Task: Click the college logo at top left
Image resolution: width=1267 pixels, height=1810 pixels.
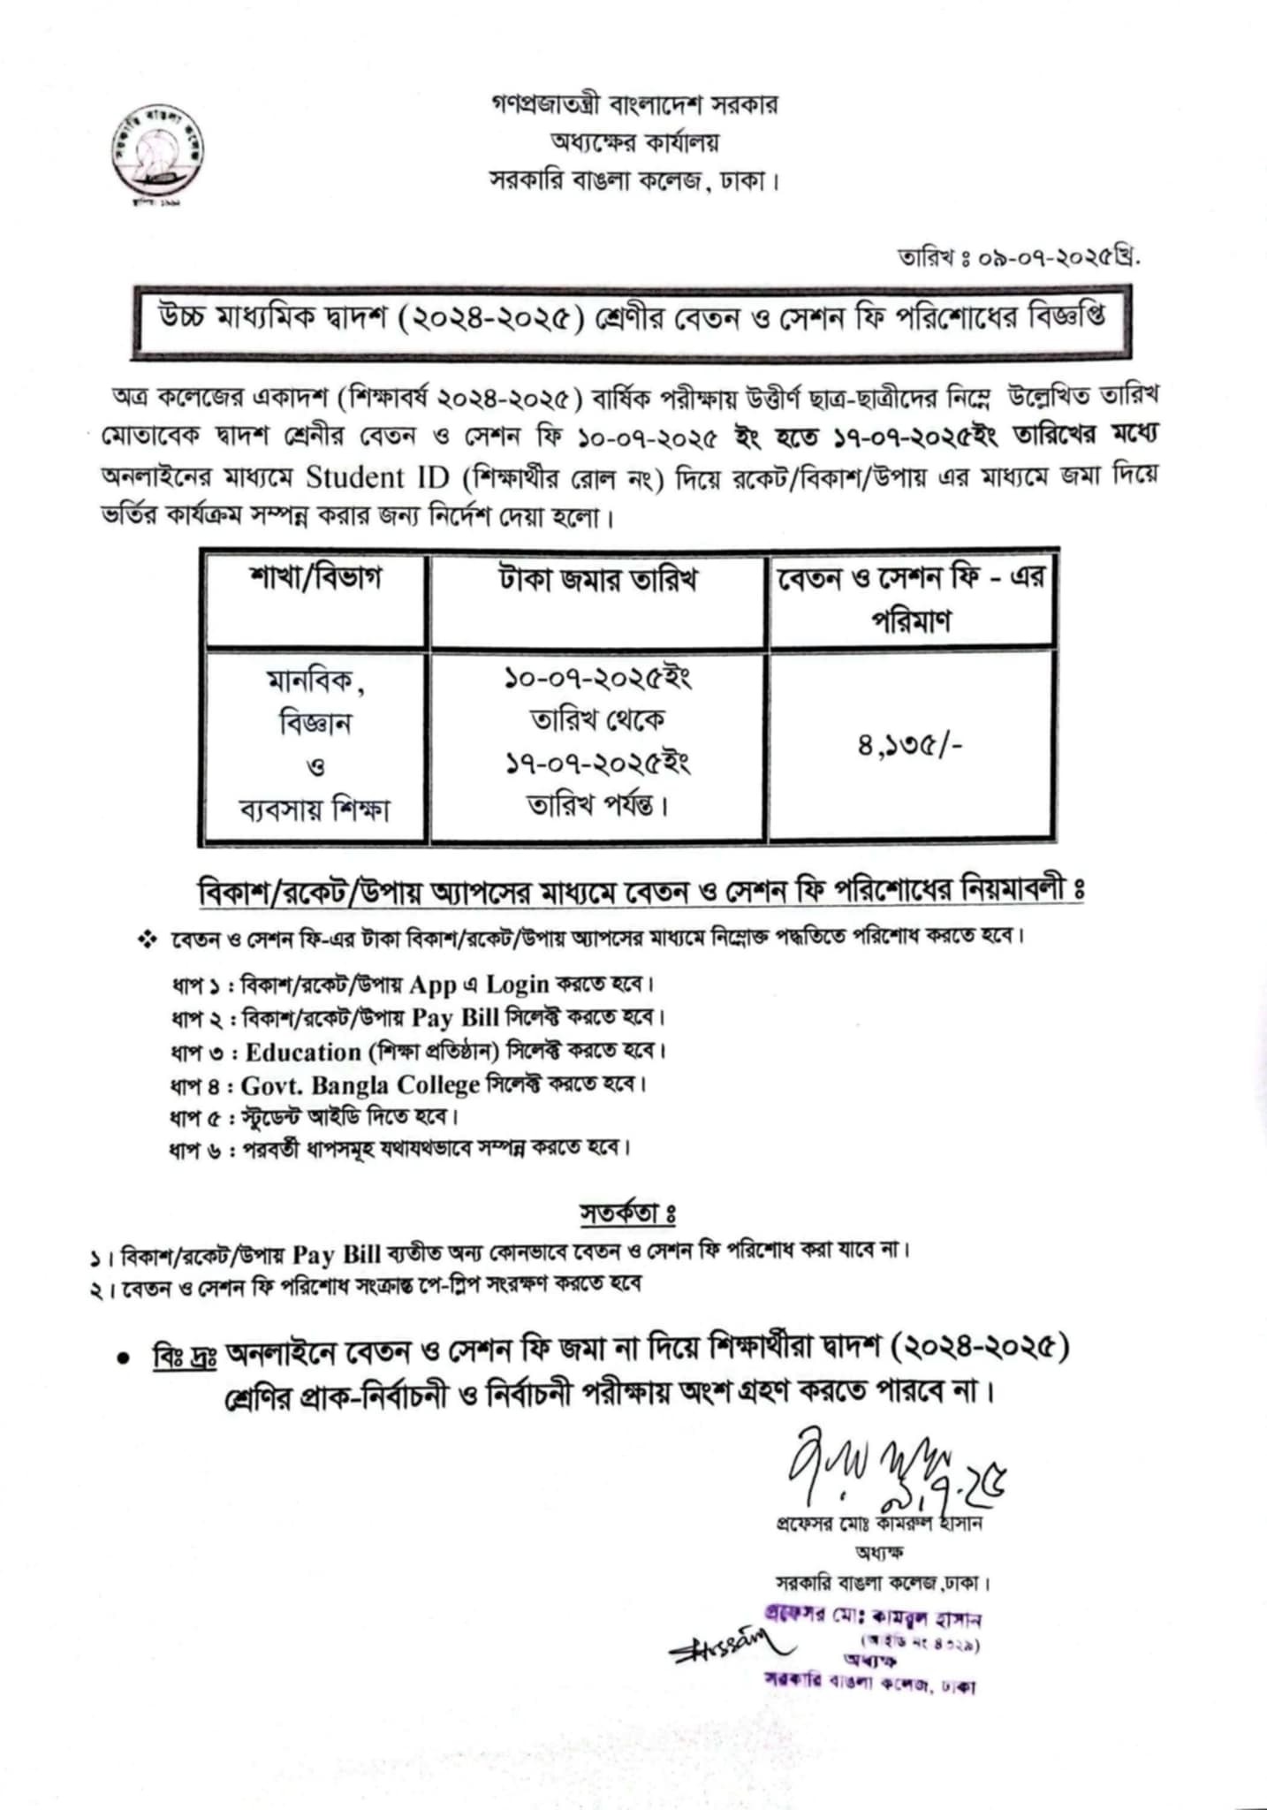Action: tap(159, 156)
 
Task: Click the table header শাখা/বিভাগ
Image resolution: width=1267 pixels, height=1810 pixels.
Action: tap(315, 580)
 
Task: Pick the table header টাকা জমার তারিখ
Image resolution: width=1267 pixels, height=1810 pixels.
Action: tap(597, 581)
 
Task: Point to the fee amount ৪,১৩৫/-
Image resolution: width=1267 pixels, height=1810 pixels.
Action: tap(909, 746)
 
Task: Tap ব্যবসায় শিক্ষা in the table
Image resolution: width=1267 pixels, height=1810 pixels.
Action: tap(315, 809)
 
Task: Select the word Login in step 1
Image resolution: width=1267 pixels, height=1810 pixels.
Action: tap(518, 984)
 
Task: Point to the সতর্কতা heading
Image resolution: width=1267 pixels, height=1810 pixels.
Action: tap(626, 1213)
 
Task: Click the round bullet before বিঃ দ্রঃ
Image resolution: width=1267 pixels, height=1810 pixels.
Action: tap(124, 1358)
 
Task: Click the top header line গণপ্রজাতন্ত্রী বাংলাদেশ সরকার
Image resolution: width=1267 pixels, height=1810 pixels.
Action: tap(635, 105)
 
